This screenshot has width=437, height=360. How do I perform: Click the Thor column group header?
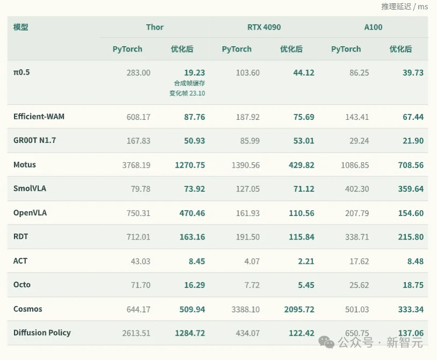pos(155,27)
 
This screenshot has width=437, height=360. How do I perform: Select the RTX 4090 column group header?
pos(264,27)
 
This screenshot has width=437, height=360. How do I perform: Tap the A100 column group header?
pos(373,27)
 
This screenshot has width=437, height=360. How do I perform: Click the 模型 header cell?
pos(20,27)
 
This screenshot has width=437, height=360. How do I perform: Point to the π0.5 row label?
pos(21,72)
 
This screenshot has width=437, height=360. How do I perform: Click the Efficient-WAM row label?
pos(39,116)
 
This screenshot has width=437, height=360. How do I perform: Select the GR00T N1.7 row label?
pos(34,140)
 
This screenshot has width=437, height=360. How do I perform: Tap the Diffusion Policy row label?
pos(42,333)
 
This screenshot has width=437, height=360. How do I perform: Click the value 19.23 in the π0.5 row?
pos(194,73)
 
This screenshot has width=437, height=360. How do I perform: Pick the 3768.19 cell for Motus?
pos(136,165)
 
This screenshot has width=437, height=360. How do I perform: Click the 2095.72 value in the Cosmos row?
pos(299,309)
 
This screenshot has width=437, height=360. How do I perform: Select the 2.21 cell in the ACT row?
pos(306,261)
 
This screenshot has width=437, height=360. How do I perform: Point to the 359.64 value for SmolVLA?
pos(411,189)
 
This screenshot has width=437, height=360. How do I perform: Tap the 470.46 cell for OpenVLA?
pos(192,213)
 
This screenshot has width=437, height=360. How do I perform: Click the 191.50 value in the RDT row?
pos(248,237)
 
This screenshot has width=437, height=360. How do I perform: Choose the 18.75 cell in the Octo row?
pos(413,285)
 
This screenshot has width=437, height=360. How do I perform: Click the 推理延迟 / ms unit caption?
pos(404,6)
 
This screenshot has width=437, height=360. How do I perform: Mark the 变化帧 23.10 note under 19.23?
pos(187,93)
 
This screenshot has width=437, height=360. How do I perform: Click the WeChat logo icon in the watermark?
pos(326,342)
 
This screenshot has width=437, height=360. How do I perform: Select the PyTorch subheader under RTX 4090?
pos(237,49)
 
